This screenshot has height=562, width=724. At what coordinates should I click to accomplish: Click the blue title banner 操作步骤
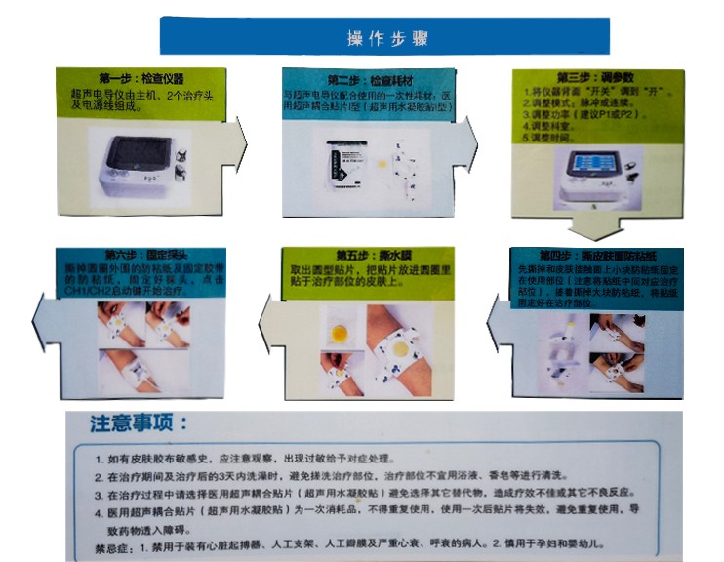pyautogui.click(x=386, y=37)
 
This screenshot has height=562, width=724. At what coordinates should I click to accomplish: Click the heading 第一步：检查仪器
pyautogui.click(x=141, y=78)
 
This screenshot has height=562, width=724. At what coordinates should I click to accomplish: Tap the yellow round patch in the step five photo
pyautogui.click(x=340, y=334)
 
